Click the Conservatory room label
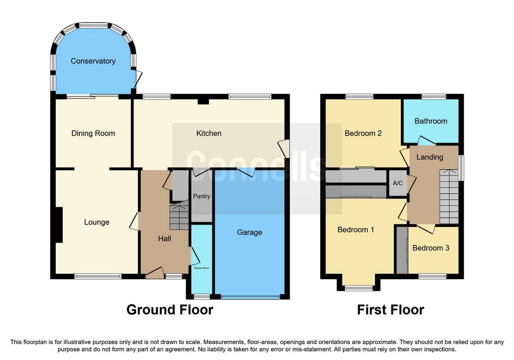(x=93, y=61)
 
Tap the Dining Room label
(x=93, y=134)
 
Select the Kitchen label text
(x=209, y=134)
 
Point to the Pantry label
(x=201, y=196)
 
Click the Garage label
(x=249, y=232)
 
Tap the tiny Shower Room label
(x=202, y=268)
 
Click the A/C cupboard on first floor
(x=398, y=183)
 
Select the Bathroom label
(x=431, y=122)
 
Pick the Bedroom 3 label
(x=431, y=248)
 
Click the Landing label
(x=430, y=157)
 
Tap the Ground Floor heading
(x=170, y=310)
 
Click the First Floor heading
(x=391, y=310)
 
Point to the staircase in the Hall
(x=179, y=216)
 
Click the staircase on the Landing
(x=449, y=196)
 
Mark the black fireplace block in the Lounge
(x=59, y=225)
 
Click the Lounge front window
(x=98, y=276)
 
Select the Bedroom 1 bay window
(x=358, y=288)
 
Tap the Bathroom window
(x=434, y=96)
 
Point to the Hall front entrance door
(x=155, y=273)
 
